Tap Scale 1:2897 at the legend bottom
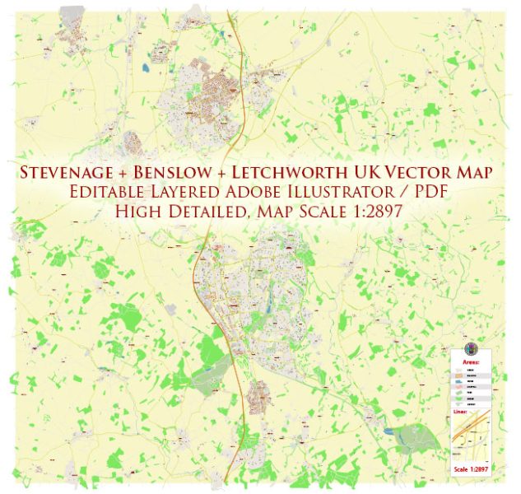click(471, 470)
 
